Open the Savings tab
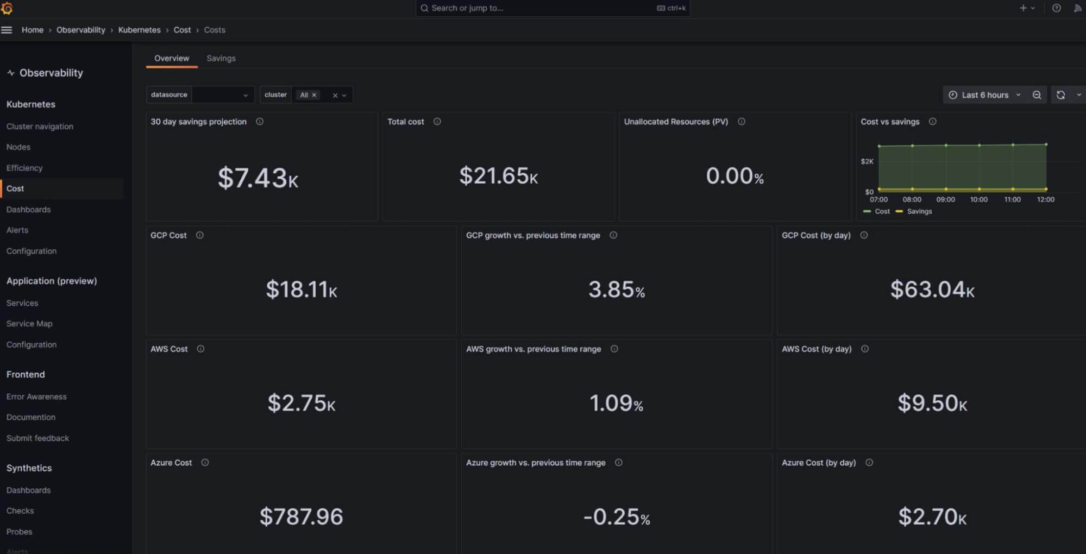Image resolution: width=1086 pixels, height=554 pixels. tap(221, 58)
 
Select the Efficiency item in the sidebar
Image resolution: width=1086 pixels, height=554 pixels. tap(24, 168)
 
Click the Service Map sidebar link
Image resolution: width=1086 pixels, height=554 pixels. tap(29, 324)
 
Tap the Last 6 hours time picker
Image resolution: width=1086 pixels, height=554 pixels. tap(985, 95)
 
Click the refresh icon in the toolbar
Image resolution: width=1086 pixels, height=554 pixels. tap(1060, 95)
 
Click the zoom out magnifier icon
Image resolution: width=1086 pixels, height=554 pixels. tap(1037, 95)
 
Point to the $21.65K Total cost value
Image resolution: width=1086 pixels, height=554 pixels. tap(498, 176)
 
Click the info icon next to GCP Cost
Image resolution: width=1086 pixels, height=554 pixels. tap(200, 235)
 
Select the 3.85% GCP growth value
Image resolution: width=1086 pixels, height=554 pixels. tap(616, 289)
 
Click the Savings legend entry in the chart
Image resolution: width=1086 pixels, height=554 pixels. tap(919, 211)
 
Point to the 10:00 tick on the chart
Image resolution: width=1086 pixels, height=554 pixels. tap(978, 199)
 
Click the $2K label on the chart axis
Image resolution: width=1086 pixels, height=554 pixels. tap(867, 161)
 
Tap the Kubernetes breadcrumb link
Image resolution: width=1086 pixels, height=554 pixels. tap(139, 30)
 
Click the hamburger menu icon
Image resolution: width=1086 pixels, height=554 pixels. tap(7, 30)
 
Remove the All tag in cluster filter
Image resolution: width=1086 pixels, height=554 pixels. tap(314, 95)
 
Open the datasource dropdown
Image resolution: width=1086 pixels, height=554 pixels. tap(223, 95)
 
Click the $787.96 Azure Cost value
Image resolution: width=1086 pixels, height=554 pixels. tap(301, 517)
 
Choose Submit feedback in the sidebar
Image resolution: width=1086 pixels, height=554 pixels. tap(37, 438)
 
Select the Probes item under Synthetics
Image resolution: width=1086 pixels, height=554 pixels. tap(20, 532)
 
